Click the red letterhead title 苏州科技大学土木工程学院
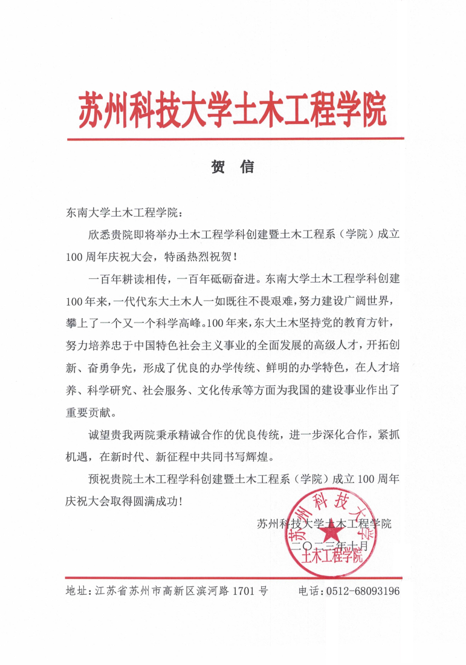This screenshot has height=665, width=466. click(x=232, y=111)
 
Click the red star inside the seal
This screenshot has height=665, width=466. click(x=330, y=533)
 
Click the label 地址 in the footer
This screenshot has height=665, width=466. click(x=77, y=591)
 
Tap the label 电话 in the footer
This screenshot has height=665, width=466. click(x=310, y=591)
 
